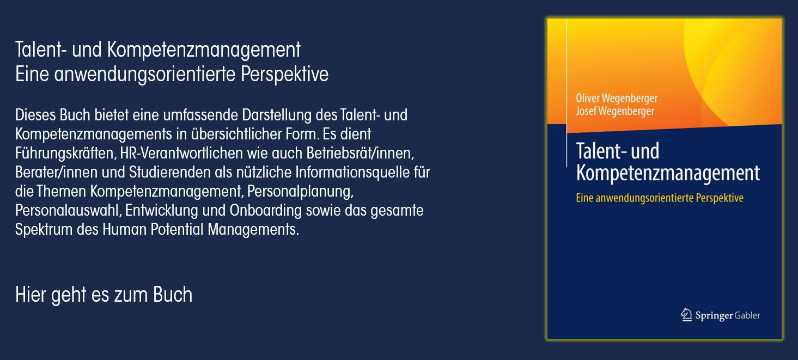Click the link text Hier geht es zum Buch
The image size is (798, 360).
point(103,295)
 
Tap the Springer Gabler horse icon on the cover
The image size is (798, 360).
point(686,315)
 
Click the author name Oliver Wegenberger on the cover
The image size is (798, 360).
point(617,98)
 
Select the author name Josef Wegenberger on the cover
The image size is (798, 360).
point(615,111)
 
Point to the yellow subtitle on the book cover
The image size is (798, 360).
point(660,198)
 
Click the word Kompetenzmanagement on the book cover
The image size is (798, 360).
point(668,173)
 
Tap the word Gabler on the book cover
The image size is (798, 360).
point(747,315)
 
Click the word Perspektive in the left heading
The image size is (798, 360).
point(284,75)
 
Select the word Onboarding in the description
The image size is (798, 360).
point(265,210)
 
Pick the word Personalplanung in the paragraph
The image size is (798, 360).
point(300,192)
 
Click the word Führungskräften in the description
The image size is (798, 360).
point(66,154)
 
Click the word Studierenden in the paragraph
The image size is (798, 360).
point(169,172)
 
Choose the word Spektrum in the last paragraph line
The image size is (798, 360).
point(44,230)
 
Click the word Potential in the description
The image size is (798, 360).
point(176,230)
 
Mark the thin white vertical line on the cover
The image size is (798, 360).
point(566,93)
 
